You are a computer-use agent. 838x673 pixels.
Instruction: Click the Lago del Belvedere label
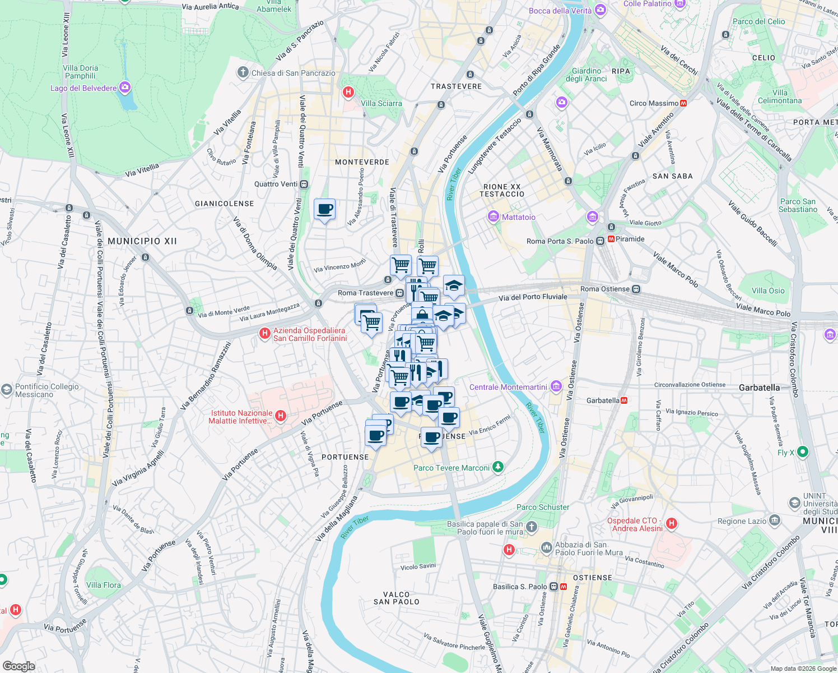click(x=83, y=88)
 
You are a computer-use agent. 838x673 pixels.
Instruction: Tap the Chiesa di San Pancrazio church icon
click(x=243, y=72)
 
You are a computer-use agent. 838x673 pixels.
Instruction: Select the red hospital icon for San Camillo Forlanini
click(x=264, y=334)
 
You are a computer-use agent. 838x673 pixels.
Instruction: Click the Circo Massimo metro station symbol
click(x=683, y=103)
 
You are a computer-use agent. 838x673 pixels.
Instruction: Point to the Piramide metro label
click(x=630, y=239)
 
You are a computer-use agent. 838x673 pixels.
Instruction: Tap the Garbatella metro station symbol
click(x=624, y=400)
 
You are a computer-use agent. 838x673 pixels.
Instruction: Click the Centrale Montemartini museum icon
click(x=556, y=386)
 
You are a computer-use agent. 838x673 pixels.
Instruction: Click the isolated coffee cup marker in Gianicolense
click(x=325, y=210)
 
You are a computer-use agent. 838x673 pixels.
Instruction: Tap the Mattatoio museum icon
click(x=494, y=216)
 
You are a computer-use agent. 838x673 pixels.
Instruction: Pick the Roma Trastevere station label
click(x=365, y=293)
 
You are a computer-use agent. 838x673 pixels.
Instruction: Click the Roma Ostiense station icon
click(x=636, y=289)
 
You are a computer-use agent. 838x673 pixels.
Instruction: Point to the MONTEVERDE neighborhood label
click(x=362, y=162)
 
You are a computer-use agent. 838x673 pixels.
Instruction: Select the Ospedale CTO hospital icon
click(x=671, y=523)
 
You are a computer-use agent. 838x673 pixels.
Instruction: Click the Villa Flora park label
click(x=104, y=585)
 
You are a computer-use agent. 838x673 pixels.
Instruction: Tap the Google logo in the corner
click(x=18, y=666)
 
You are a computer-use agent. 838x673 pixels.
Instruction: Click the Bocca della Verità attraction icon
click(x=600, y=10)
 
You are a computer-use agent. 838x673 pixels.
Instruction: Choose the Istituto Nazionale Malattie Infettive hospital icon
click(x=281, y=416)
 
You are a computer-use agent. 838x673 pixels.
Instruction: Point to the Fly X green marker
click(x=802, y=451)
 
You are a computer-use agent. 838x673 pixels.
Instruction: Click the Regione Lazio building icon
click(x=774, y=520)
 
